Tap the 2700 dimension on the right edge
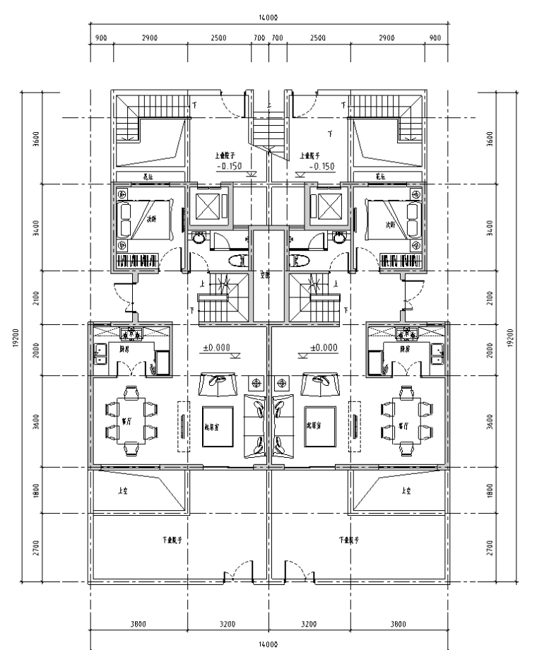pos(501,548)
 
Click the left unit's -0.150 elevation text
pos(230,167)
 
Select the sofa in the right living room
pos(281,424)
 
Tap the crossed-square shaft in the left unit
pos(209,206)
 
